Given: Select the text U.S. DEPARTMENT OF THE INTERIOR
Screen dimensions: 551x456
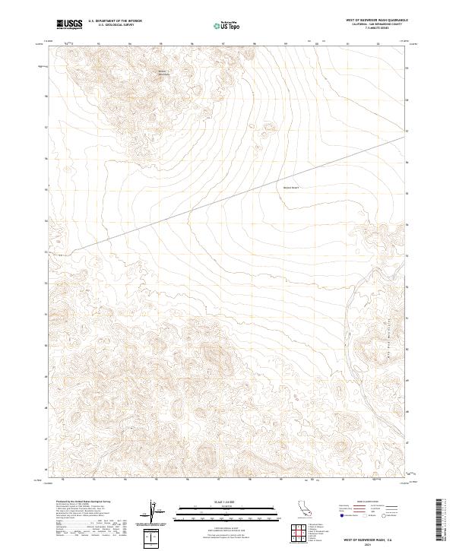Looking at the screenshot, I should pyautogui.click(x=116, y=22).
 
